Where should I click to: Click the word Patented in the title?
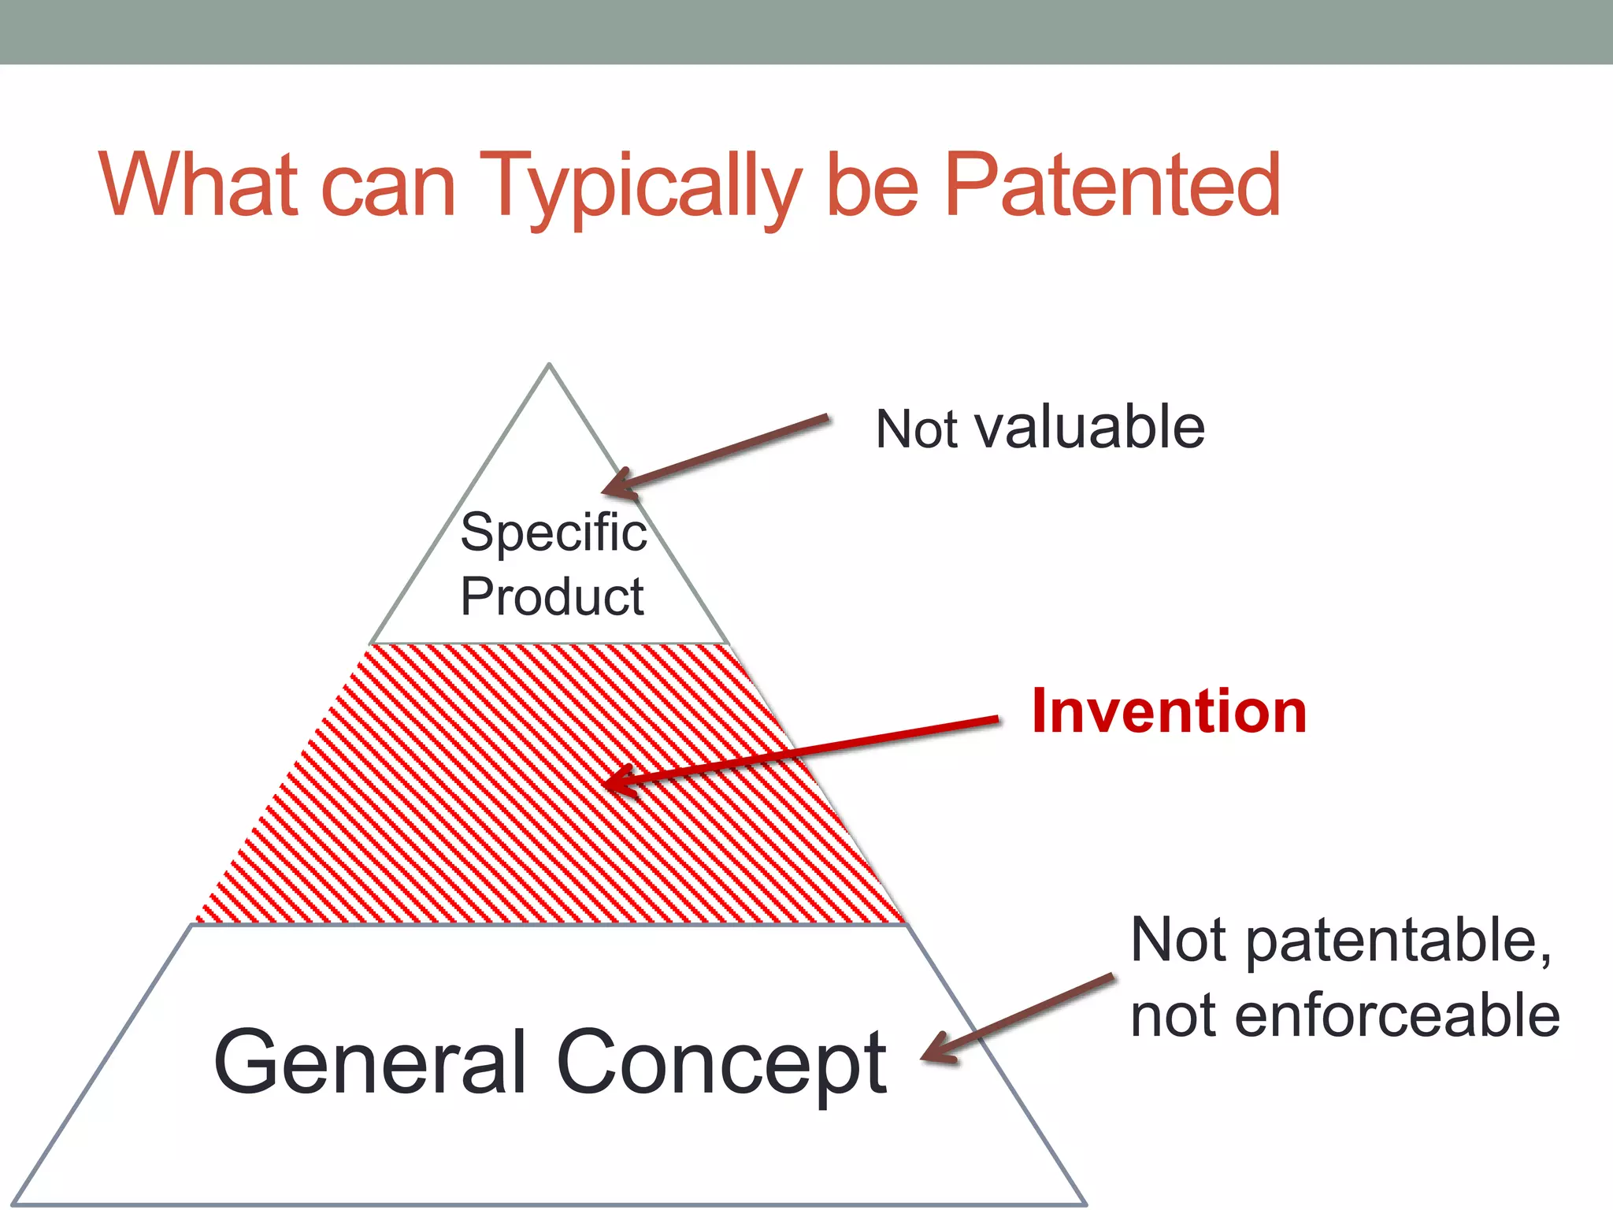(1112, 185)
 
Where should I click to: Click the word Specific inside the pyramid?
(553, 533)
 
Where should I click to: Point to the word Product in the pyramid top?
(551, 596)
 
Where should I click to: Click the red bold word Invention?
(1169, 711)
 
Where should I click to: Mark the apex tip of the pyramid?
(549, 366)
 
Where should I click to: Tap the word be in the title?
(872, 185)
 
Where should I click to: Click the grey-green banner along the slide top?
(806, 32)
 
